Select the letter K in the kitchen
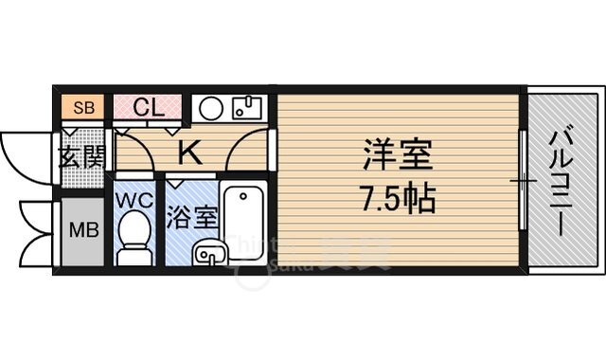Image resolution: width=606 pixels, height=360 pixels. (x=188, y=149)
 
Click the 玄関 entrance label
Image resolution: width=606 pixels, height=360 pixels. (x=82, y=157)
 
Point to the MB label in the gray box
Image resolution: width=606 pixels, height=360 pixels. (x=80, y=230)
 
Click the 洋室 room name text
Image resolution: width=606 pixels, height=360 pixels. (x=398, y=155)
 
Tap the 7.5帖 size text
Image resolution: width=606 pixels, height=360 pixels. (x=398, y=200)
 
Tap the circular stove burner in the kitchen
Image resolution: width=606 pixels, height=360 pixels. (x=212, y=108)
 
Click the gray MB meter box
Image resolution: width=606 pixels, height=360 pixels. (x=81, y=231)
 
